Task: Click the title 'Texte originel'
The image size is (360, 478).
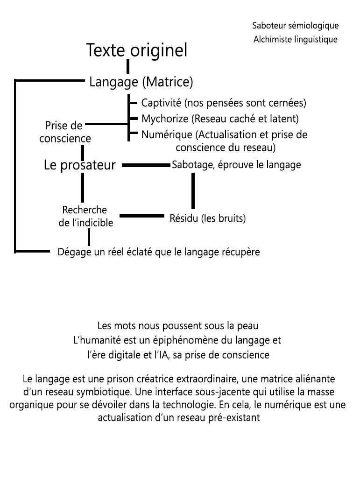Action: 137,50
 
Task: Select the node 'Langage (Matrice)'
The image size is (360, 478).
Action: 141,82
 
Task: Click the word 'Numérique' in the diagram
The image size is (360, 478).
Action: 167,135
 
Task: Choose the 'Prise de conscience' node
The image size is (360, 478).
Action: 64,132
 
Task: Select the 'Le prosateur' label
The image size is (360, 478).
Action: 79,165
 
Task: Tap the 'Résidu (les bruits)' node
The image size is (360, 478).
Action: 207,218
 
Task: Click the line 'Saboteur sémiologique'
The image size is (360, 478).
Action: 295,25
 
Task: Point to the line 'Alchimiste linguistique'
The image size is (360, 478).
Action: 295,40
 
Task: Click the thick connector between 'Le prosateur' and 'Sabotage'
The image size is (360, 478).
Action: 146,165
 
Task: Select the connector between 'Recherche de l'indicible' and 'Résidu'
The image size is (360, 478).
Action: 142,216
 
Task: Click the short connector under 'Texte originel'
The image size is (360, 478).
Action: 127,67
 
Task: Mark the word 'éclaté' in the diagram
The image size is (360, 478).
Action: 136,252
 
